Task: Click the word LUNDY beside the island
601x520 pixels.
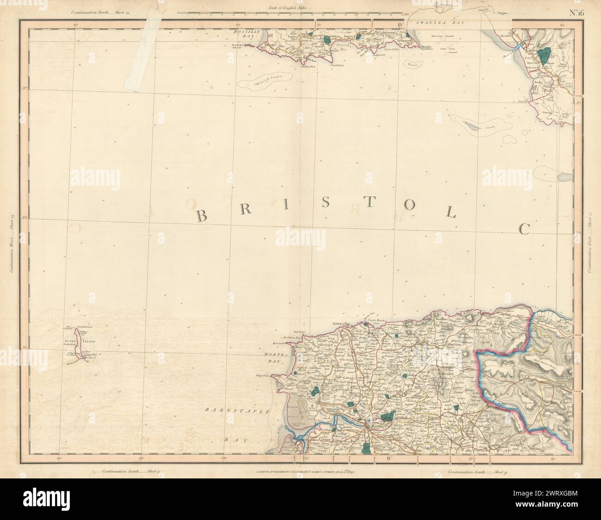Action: pyautogui.click(x=70, y=341)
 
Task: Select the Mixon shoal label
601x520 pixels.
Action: pyautogui.click(x=411, y=65)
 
